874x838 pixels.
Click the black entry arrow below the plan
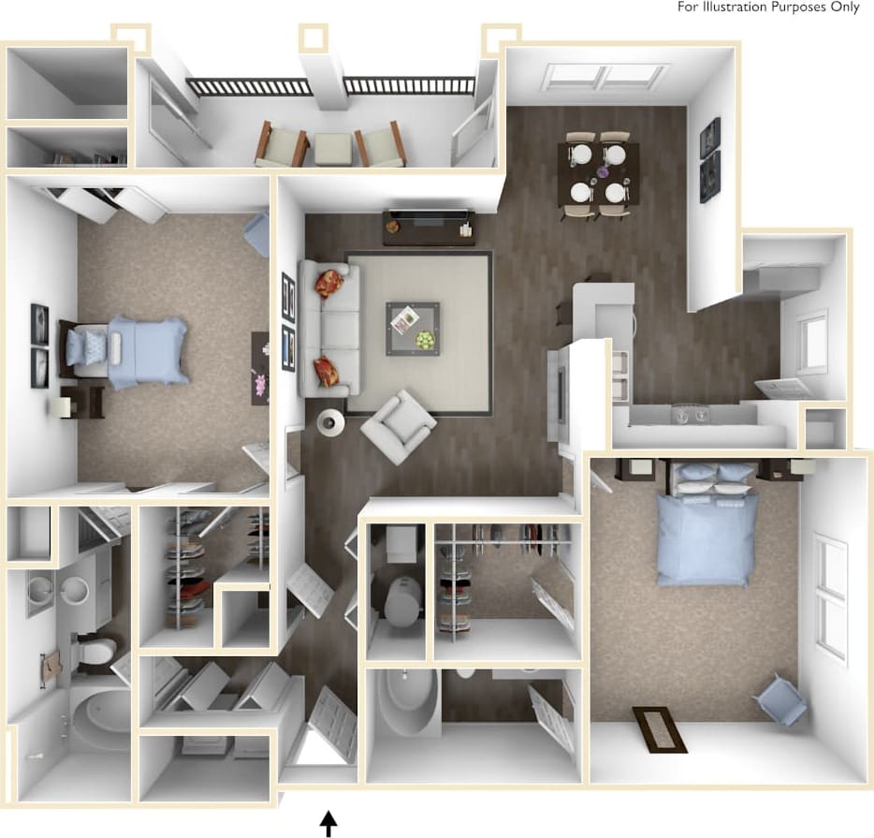328,823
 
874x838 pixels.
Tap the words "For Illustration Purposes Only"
768,7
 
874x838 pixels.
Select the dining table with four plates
598,171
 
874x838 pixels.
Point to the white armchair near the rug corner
398,426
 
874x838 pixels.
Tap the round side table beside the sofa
330,423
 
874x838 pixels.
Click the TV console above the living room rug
428,225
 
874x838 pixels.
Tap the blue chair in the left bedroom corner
257,232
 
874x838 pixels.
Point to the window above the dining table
606,77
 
